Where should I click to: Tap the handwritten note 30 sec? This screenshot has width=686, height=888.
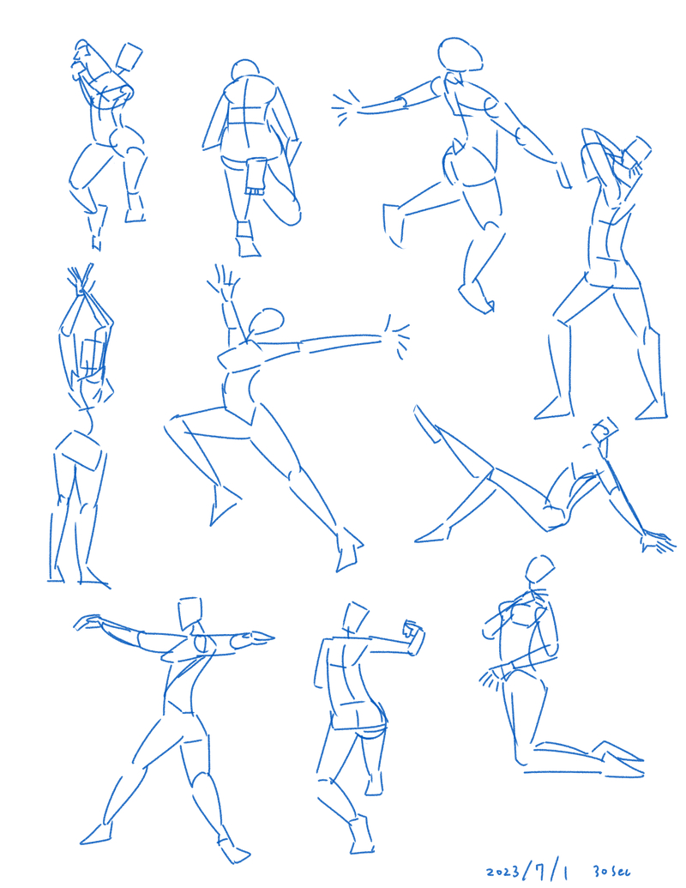[612, 871]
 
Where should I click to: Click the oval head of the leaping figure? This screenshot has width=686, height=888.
[460, 54]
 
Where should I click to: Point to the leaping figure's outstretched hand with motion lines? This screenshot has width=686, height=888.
[346, 107]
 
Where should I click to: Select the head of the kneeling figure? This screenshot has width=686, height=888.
[539, 569]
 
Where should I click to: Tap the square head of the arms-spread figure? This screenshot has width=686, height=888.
[190, 613]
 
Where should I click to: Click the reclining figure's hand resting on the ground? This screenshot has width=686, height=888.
[657, 541]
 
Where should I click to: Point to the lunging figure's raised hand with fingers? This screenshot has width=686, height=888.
[224, 282]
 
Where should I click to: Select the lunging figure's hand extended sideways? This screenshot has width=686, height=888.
[396, 337]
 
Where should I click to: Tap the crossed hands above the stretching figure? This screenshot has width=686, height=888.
[81, 281]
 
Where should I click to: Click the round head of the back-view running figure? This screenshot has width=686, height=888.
[245, 71]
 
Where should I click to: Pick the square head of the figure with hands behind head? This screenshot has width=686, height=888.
[636, 152]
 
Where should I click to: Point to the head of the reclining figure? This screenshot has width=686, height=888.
[605, 429]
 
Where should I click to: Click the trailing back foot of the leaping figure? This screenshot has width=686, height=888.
[393, 225]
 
